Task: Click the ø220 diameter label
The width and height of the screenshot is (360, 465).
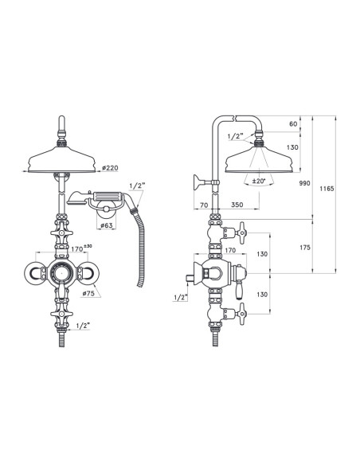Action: coord(112,168)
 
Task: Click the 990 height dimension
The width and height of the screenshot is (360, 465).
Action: coord(303,183)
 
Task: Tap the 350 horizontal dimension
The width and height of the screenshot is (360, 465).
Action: coord(237,205)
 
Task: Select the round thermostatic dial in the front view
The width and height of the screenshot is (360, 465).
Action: coord(61,274)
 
